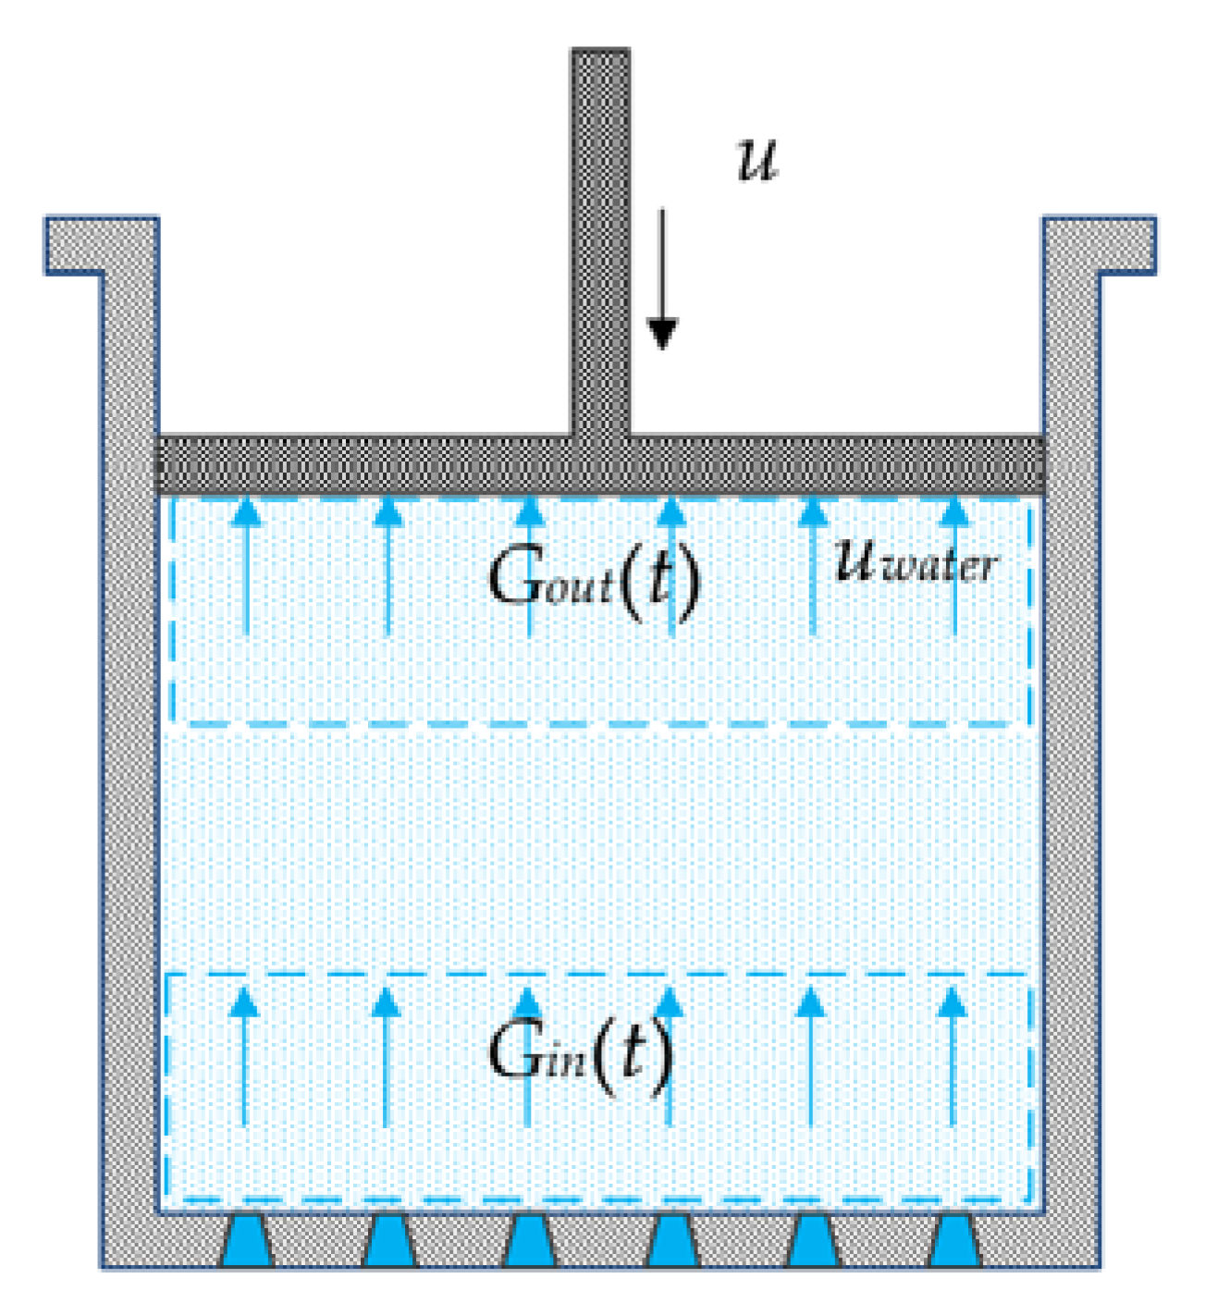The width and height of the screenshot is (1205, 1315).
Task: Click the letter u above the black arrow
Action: pyautogui.click(x=757, y=160)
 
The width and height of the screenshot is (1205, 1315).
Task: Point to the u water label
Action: pyautogui.click(x=915, y=560)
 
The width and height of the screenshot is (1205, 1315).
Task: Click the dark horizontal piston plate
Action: pyautogui.click(x=370, y=464)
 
